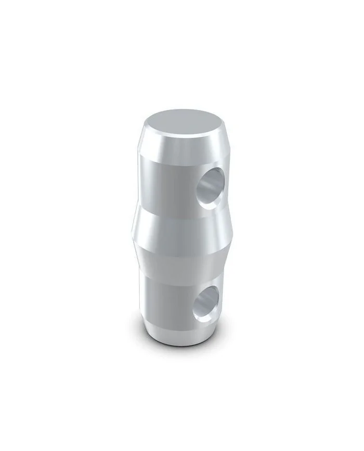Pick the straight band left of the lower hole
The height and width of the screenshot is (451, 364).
(x=166, y=298)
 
